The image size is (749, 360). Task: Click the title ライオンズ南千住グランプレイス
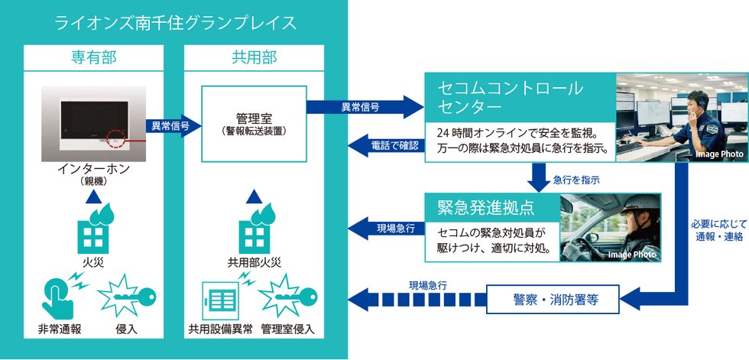coord(175,23)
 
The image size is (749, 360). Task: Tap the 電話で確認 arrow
coord(385,144)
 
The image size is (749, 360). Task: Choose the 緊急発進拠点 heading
coord(484,206)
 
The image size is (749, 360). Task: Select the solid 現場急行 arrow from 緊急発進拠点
coord(385,227)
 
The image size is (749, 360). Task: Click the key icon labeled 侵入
coord(127,300)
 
